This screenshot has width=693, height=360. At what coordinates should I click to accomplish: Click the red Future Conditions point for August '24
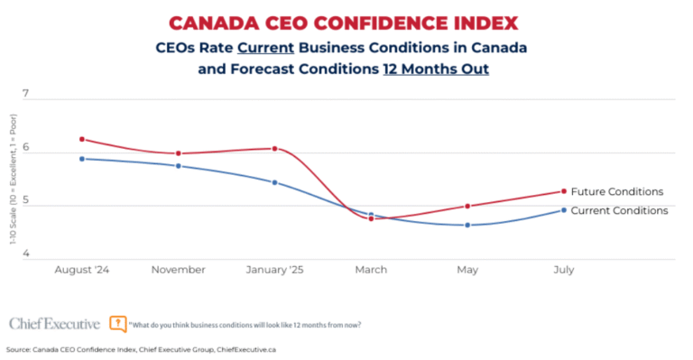click(82, 139)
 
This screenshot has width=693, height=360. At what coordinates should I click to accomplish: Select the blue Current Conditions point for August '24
click(82, 159)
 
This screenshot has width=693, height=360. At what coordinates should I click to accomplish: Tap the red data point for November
click(178, 153)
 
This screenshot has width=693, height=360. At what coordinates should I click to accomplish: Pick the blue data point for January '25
click(274, 182)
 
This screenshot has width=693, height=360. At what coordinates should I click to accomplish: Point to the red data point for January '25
click(274, 148)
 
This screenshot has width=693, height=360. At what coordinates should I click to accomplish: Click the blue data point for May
click(467, 225)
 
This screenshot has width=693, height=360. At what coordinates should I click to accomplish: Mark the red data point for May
click(467, 206)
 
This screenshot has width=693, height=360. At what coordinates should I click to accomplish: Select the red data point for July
click(564, 191)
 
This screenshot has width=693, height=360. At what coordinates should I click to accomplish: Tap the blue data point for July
click(564, 210)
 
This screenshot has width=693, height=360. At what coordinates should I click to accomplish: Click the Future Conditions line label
click(617, 191)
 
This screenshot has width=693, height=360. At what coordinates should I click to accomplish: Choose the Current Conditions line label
click(619, 210)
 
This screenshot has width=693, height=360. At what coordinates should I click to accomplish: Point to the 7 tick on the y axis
click(25, 94)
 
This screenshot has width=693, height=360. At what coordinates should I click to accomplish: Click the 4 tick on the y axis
click(25, 254)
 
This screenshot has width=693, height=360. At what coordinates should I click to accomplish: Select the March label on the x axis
click(371, 269)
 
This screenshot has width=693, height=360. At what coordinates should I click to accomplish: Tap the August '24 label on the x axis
click(82, 269)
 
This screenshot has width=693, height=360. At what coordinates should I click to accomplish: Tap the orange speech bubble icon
click(117, 322)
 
